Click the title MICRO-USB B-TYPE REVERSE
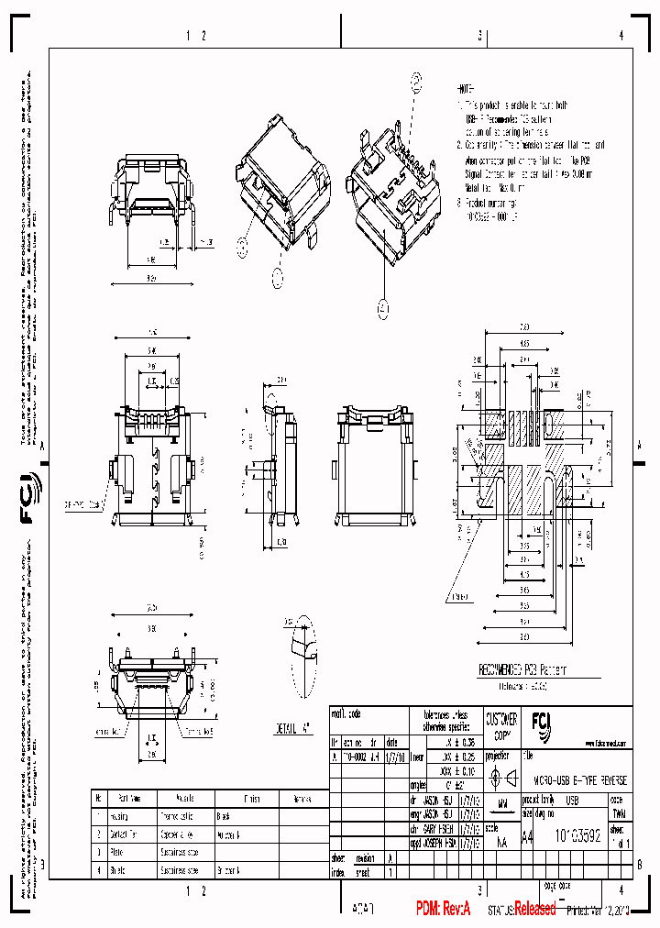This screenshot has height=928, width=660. click(579, 781)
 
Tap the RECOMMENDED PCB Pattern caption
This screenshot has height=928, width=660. click(523, 669)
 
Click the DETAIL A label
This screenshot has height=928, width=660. click(293, 730)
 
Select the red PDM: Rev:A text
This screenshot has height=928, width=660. click(443, 908)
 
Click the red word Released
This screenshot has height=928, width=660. click(534, 909)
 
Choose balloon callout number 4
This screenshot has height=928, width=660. click(382, 311)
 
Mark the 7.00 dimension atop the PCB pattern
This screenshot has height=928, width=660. click(525, 326)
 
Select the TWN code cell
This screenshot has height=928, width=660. click(619, 812)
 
